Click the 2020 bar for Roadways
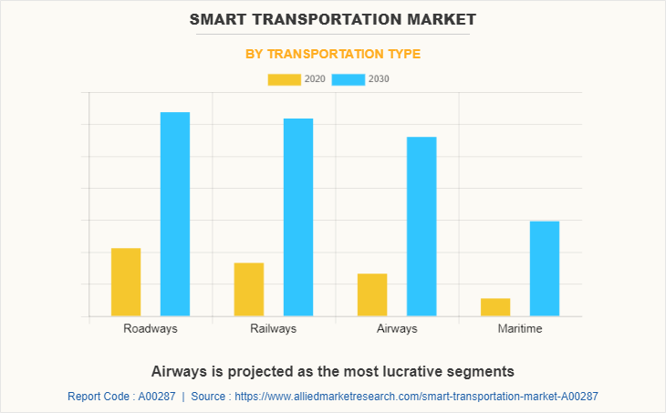click(x=126, y=282)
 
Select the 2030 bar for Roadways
click(x=175, y=214)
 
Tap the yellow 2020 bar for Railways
click(x=249, y=289)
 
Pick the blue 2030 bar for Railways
click(x=298, y=217)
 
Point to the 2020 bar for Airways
click(x=372, y=294)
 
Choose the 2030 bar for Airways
click(x=421, y=226)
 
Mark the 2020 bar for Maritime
click(x=495, y=307)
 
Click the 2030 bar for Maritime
click(x=545, y=268)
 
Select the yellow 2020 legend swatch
click(x=284, y=79)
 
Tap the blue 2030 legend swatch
click(x=349, y=79)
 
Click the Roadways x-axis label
click(x=151, y=328)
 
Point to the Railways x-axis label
click(x=274, y=328)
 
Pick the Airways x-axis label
click(x=397, y=328)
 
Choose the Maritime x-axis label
click(x=520, y=328)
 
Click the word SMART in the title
click(x=224, y=18)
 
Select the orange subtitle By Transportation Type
click(x=333, y=54)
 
